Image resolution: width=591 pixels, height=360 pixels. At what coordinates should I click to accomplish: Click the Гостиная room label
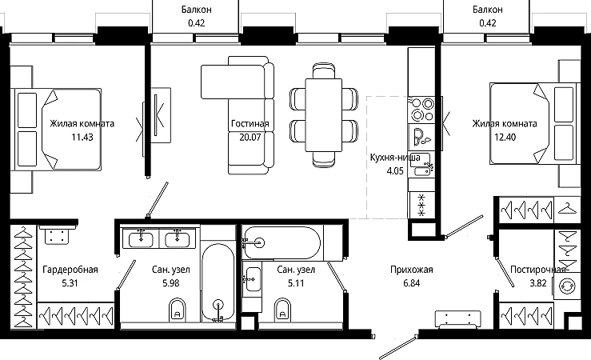point(250,124)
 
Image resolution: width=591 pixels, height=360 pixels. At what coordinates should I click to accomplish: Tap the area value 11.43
point(82,138)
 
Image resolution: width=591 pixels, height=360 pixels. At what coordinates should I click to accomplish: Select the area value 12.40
point(505,138)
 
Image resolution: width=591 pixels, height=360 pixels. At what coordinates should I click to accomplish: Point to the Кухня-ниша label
point(395,157)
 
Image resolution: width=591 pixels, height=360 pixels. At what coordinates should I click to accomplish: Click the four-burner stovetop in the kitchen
point(421,109)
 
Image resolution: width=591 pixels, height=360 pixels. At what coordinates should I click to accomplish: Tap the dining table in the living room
point(323,115)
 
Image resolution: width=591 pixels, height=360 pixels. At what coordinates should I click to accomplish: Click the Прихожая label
point(412,270)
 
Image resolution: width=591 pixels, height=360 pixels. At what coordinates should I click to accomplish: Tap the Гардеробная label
point(70,270)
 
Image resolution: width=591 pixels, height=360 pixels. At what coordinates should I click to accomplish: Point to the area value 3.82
point(538,283)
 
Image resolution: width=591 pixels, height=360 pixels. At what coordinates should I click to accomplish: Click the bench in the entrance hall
point(457,320)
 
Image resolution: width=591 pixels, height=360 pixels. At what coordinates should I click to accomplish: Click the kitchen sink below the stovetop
point(421,165)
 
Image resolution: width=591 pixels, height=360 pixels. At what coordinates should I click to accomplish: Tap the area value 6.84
point(412,283)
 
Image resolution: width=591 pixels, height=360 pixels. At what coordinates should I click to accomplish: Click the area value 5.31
point(70,283)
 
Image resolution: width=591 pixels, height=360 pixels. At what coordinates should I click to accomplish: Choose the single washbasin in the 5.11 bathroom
point(253,279)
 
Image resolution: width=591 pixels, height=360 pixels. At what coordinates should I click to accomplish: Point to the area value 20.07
point(250,138)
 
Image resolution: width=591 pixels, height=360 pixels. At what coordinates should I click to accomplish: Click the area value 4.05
point(395,170)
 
